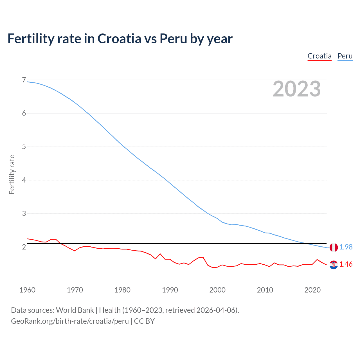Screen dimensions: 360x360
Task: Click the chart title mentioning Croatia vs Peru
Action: (120, 39)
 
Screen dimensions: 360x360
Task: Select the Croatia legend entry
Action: (319, 56)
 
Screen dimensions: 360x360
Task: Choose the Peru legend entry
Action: (345, 56)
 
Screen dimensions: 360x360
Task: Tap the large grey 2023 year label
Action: (297, 89)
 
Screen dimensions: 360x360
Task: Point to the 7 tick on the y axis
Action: (24, 80)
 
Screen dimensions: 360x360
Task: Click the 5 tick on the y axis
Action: (24, 147)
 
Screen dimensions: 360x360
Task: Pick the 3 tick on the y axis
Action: (24, 213)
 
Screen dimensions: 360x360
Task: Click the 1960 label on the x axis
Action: (27, 290)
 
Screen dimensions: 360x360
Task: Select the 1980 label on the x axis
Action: (122, 290)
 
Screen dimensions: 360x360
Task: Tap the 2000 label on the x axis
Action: (217, 290)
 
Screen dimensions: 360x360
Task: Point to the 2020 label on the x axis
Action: (312, 290)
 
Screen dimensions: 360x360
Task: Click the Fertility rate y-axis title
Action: (12, 174)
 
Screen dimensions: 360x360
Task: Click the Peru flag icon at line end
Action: (334, 247)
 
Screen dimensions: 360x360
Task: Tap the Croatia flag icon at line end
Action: (334, 265)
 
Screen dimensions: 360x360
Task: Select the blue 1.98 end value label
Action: (346, 247)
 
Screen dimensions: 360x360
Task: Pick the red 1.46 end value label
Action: (346, 264)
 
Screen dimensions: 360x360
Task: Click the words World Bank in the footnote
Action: (75, 310)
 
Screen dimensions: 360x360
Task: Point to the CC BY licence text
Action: (144, 321)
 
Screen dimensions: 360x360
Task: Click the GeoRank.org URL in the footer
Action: (70, 321)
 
